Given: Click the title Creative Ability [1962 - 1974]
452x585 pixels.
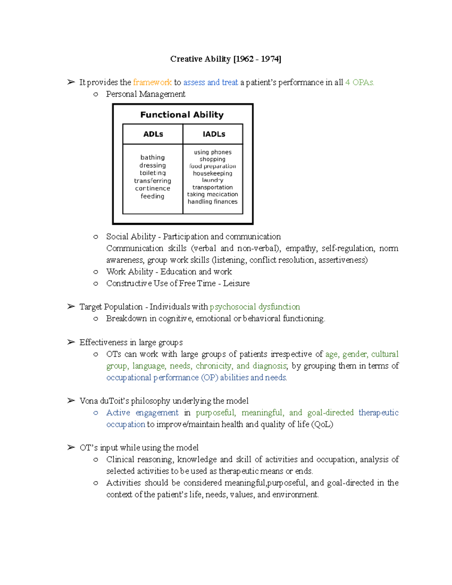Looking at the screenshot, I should coord(226,59).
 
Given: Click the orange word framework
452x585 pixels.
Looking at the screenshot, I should coord(152,82).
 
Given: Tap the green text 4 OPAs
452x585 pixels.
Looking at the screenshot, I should coord(359,82).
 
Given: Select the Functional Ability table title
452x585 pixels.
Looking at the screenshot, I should coord(182,115).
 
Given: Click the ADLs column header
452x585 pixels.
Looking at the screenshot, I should coord(153,134).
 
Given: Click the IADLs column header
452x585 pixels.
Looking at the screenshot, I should coord(214,134).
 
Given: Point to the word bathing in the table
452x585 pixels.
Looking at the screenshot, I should coord(153,157).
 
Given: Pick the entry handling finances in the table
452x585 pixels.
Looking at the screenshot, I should coord(212,202).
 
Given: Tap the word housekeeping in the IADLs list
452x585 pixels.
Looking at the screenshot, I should coord(212,173).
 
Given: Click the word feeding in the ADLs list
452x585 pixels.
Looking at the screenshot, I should coord(153,196).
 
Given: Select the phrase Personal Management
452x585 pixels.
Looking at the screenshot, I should coord(145,94).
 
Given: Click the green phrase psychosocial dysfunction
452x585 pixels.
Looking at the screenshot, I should coord(255,307).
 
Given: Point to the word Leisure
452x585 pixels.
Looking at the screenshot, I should coord(236,283).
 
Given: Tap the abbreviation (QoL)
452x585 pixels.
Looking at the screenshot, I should coord(322,425).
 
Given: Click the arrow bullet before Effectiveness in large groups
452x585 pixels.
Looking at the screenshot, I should coord(71,342).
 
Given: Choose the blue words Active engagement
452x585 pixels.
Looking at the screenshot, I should coord(142,413).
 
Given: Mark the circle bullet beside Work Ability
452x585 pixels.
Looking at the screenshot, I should coord(96,272).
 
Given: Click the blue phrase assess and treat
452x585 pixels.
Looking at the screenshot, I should coord(211,82).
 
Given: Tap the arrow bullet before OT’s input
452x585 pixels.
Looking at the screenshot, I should coord(71,448).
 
